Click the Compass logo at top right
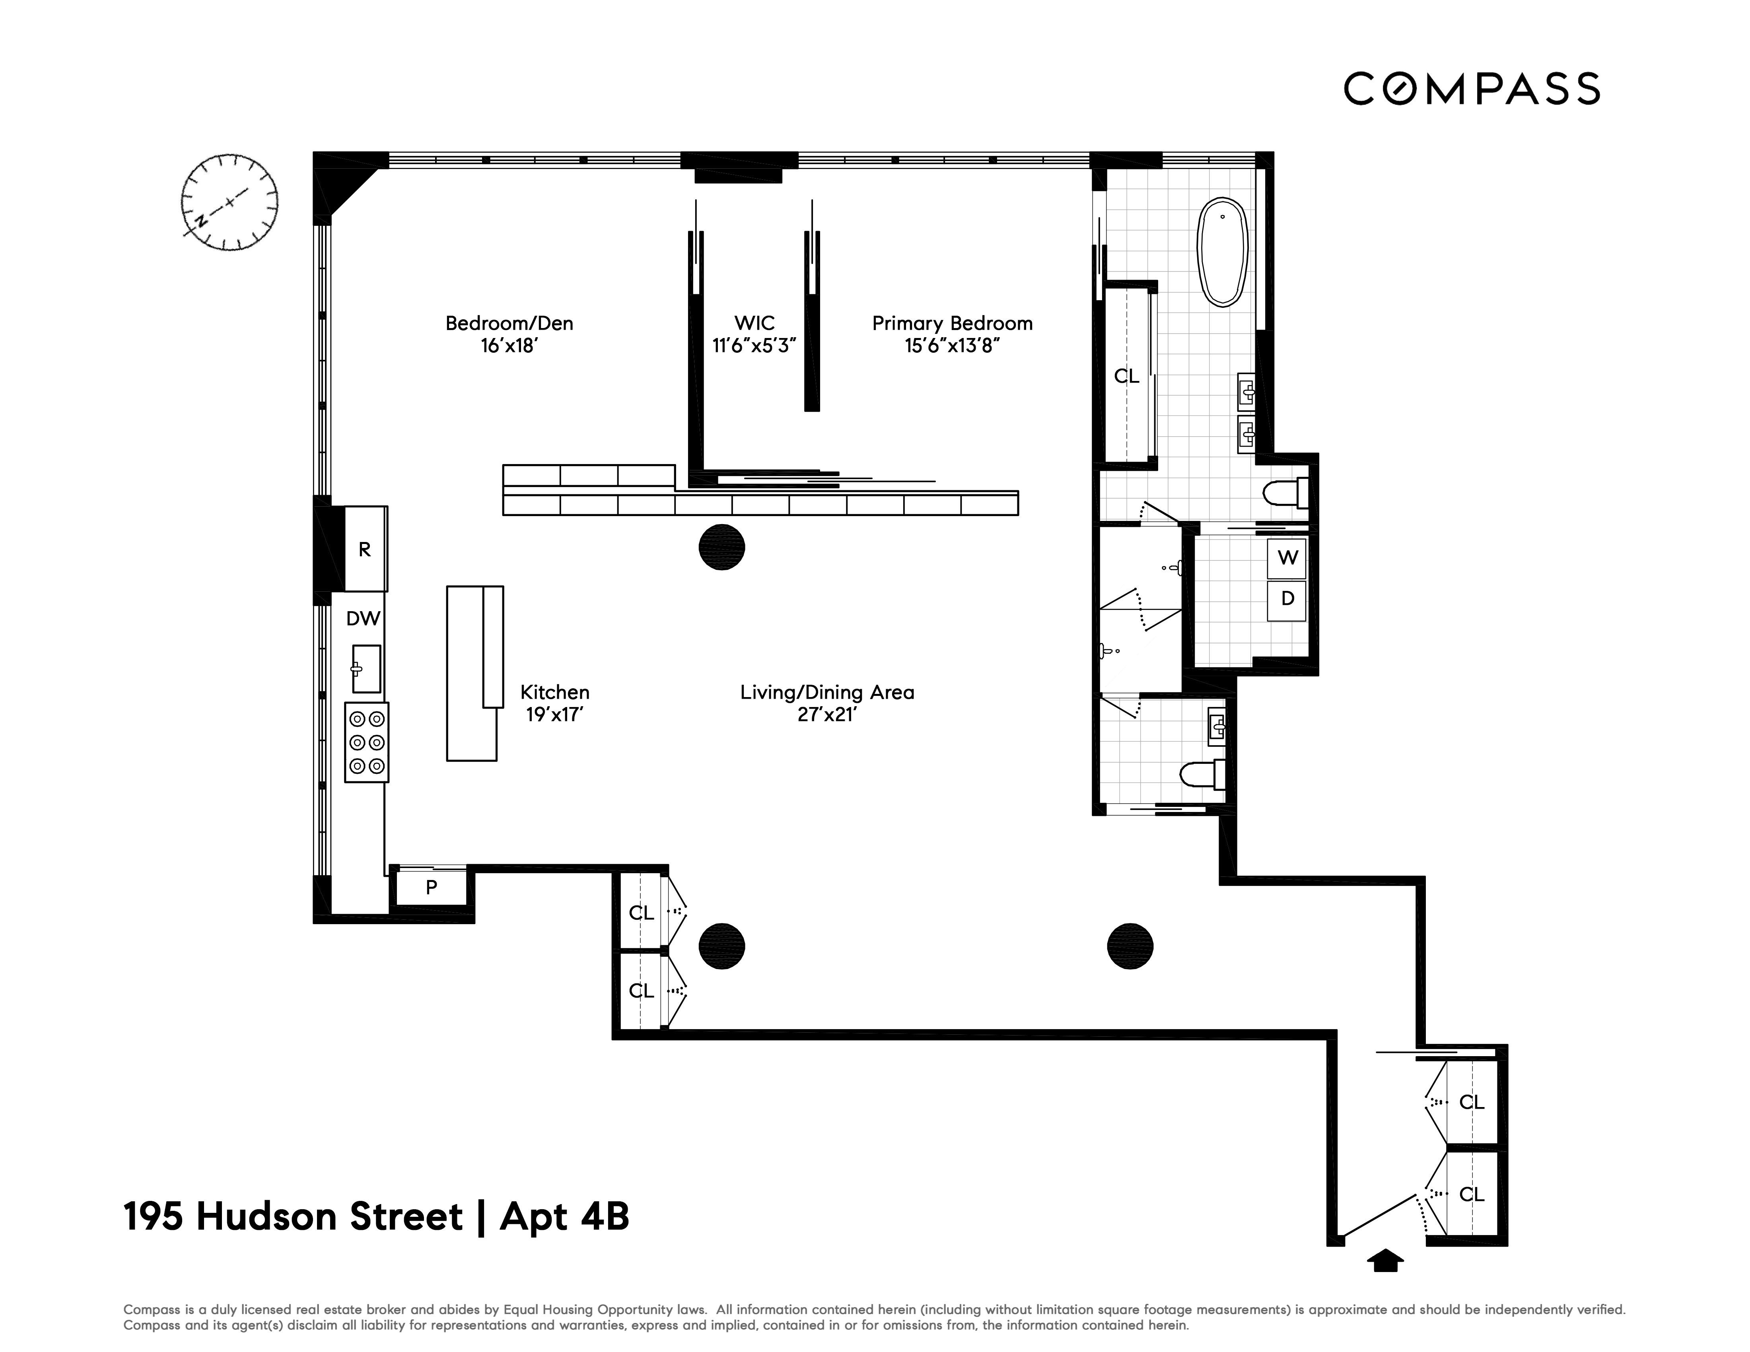click(1471, 89)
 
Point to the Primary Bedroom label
click(952, 324)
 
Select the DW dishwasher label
click(363, 618)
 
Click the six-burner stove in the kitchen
click(366, 742)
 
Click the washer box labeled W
click(1287, 558)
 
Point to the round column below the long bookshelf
click(721, 547)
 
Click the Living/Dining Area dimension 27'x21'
click(827, 715)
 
